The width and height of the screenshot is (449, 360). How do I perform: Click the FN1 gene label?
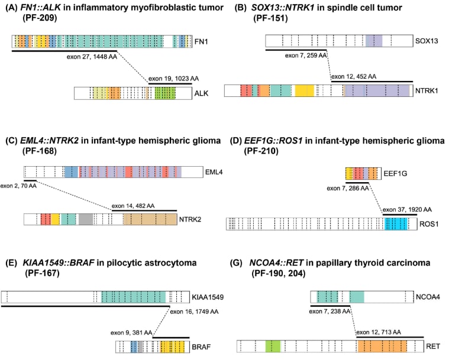coord(201,41)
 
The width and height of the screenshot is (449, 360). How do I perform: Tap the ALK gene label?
coord(201,93)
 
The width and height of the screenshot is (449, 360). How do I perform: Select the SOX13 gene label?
coord(427,41)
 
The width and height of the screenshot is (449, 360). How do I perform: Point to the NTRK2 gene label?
coord(190,219)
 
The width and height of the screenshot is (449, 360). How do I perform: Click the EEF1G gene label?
coord(395,173)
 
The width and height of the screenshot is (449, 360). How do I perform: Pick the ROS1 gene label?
coord(429,224)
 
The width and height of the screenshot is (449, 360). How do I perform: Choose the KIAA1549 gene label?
coord(208,297)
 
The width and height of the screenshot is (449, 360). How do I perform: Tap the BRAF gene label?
coord(201,347)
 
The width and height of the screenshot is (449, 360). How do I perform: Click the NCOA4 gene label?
coord(428,297)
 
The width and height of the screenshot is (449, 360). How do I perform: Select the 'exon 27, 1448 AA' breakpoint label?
coord(92,57)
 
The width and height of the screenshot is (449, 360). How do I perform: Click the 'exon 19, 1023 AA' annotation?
coord(173,79)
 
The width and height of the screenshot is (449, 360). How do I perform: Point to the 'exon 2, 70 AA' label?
coord(18,186)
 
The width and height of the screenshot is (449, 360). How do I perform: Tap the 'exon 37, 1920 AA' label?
coord(407,209)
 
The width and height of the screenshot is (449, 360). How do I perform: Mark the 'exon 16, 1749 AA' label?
coord(194,312)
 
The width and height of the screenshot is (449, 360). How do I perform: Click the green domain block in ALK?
coord(165,93)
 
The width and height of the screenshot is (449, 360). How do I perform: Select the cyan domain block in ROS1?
coord(396,224)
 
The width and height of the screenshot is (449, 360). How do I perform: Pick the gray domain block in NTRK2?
coord(86,219)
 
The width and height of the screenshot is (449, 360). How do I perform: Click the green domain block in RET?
coord(273,346)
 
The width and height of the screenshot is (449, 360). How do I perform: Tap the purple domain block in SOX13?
coord(374,41)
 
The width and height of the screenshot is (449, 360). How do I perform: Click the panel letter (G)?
coord(236,262)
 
